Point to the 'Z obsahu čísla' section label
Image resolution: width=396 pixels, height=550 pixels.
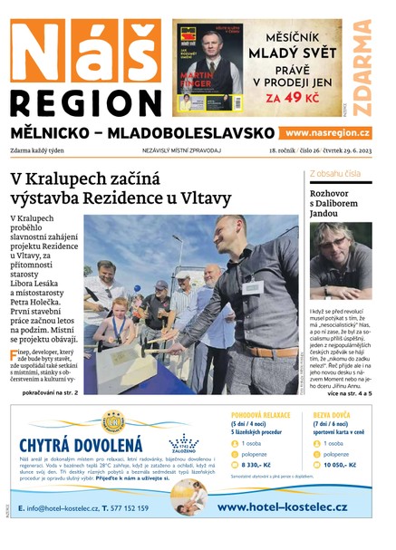[x=334, y=173]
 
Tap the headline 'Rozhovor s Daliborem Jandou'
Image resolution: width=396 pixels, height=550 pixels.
[x=339, y=200]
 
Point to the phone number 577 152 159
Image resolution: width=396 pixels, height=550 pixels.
[x=132, y=508]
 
